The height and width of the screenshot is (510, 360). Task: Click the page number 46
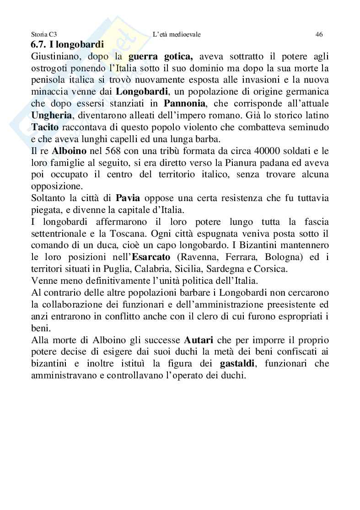[x=319, y=34]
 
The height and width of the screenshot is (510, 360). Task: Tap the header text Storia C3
[x=43, y=34]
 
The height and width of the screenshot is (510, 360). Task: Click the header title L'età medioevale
[x=177, y=34]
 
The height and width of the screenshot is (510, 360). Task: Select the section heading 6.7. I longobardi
[x=67, y=45]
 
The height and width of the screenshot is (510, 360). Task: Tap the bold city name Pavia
[x=128, y=198]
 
